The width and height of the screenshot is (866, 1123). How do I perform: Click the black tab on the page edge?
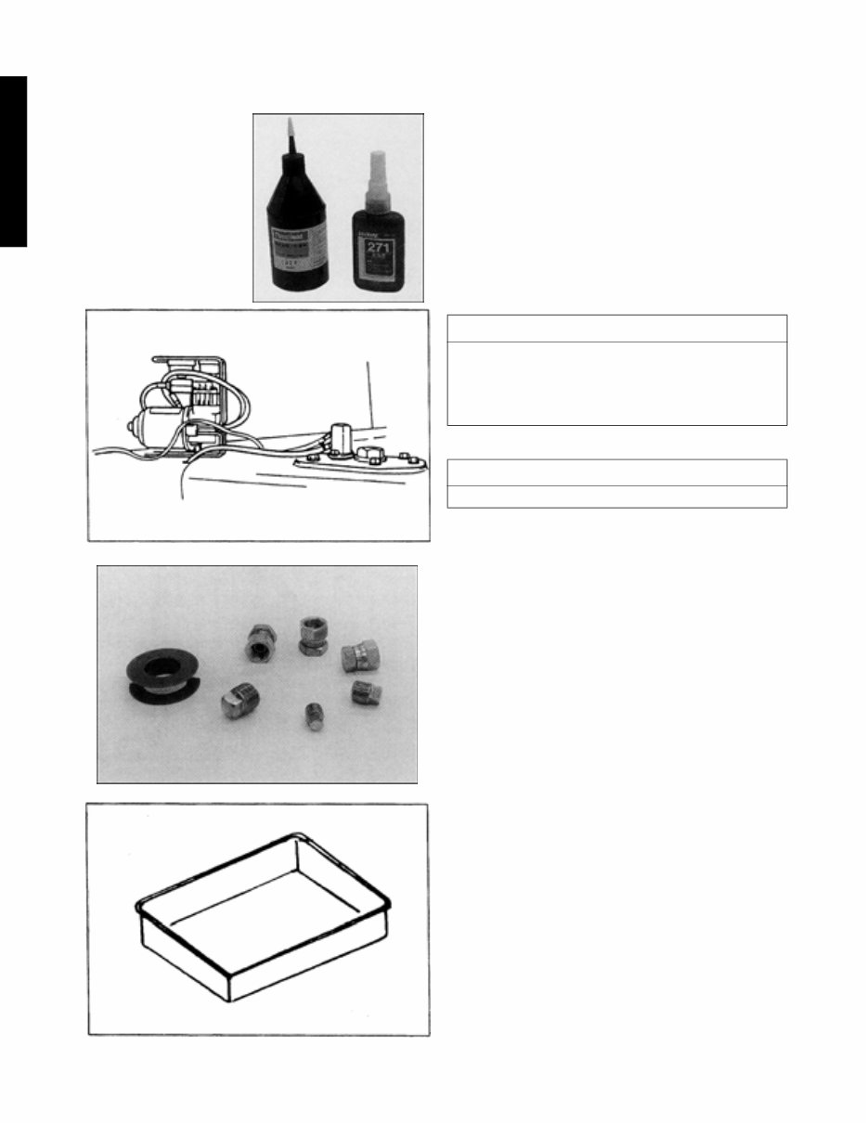pos(13,161)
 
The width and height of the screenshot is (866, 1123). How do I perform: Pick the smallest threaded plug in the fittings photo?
pos(314,716)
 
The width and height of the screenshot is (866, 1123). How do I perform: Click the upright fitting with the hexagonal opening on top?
pos(310,636)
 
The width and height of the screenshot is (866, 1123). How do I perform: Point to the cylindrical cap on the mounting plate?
pos(339,437)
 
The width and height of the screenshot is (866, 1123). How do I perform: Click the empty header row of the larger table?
pos(616,329)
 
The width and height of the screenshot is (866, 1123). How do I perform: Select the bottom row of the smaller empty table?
pos(616,497)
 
